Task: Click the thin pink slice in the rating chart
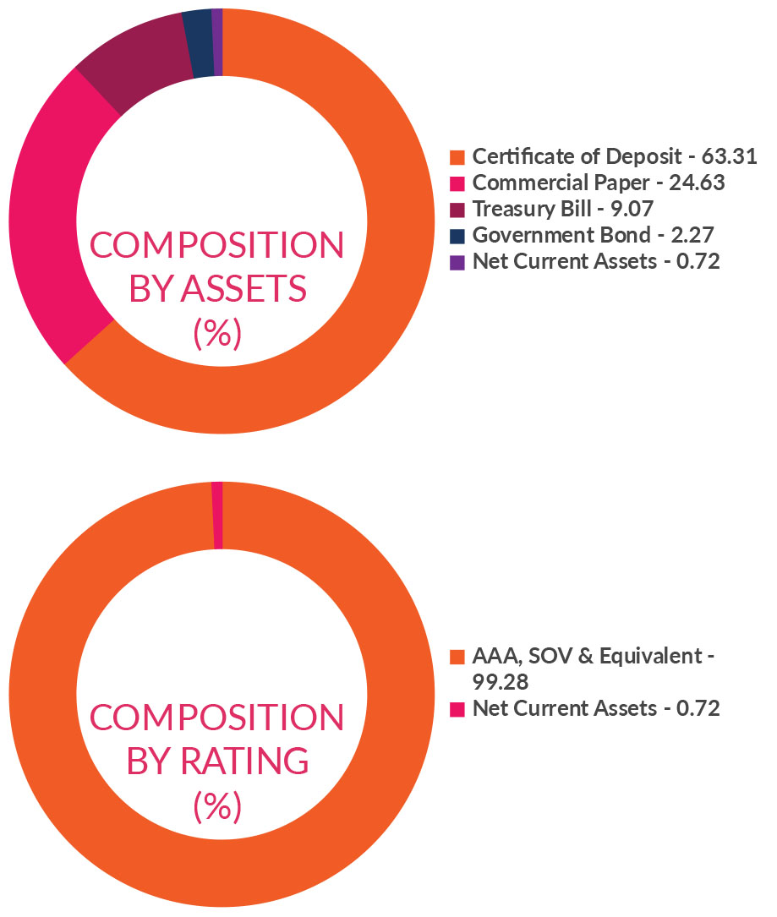coord(217,516)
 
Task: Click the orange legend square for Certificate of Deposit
coord(457,157)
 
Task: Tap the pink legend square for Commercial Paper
coord(457,183)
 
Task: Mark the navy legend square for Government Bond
coord(457,236)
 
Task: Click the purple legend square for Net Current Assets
coord(457,262)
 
